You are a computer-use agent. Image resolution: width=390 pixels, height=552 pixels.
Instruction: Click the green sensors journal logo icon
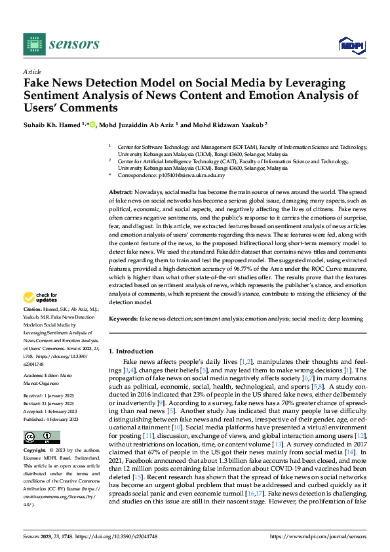tap(35, 44)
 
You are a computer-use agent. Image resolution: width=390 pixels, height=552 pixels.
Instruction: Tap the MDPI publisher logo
tap(351, 44)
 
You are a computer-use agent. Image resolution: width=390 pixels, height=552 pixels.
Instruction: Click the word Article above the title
tap(32, 71)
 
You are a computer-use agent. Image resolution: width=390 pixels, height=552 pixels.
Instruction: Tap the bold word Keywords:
tap(123, 318)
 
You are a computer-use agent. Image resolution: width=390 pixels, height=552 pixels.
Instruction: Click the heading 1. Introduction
tap(131, 351)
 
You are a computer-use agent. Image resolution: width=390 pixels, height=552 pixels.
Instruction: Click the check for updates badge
tap(41, 298)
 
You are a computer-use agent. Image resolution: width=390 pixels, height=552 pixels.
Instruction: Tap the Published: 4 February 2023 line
tap(51, 419)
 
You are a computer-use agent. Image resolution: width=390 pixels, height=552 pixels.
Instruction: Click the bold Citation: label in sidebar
tap(33, 308)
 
